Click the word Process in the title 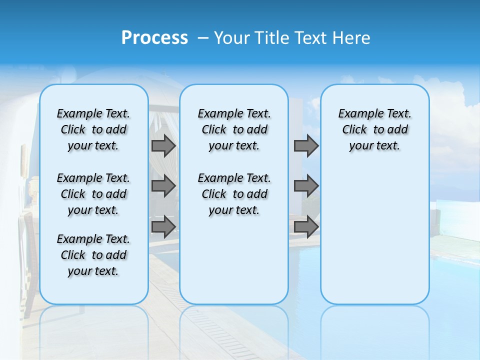pos(154,38)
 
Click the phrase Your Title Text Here pos(292,38)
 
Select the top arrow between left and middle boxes pos(163,145)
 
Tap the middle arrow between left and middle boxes pos(163,186)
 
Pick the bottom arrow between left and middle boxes pos(163,227)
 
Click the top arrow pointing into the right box pos(306,145)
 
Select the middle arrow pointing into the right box pos(306,186)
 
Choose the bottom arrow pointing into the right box pos(306,227)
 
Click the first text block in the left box pos(93,129)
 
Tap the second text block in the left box pos(93,194)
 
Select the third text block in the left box pos(93,255)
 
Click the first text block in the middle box pos(234,129)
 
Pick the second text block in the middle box pos(234,194)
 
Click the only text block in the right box pos(374,129)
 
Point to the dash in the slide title pos(203,38)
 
